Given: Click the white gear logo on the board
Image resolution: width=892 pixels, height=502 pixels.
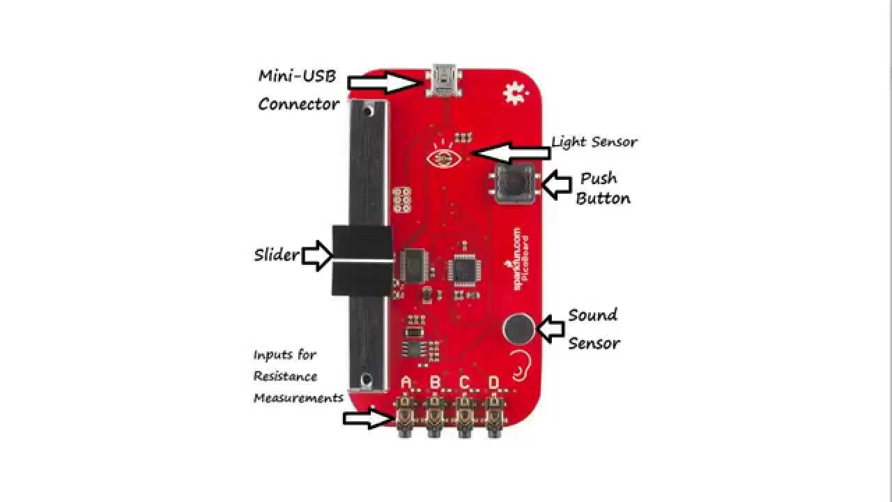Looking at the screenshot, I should pos(515,93).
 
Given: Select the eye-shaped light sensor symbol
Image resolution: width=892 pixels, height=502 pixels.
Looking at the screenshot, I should pos(443,159).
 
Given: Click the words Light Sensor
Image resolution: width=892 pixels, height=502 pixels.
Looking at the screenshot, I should pos(594,142).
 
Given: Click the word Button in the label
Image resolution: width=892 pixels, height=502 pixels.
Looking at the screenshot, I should pos(603,198).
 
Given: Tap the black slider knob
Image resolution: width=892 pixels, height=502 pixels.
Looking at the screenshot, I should pos(362,259).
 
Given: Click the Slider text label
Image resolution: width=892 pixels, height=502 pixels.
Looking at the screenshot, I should pos(276,254).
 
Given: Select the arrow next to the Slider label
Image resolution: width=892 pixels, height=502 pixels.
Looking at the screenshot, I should pos(317,255).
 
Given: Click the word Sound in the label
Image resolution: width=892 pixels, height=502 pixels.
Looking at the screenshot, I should pos(592,314).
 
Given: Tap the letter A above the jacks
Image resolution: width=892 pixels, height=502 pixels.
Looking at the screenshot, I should pos(407,382).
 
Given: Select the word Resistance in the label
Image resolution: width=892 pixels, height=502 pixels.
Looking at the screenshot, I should pos(285,376).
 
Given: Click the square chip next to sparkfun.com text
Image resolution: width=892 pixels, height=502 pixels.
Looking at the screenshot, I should pos(463,268).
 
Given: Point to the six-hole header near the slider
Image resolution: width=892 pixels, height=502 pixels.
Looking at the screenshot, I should pos(401,201).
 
